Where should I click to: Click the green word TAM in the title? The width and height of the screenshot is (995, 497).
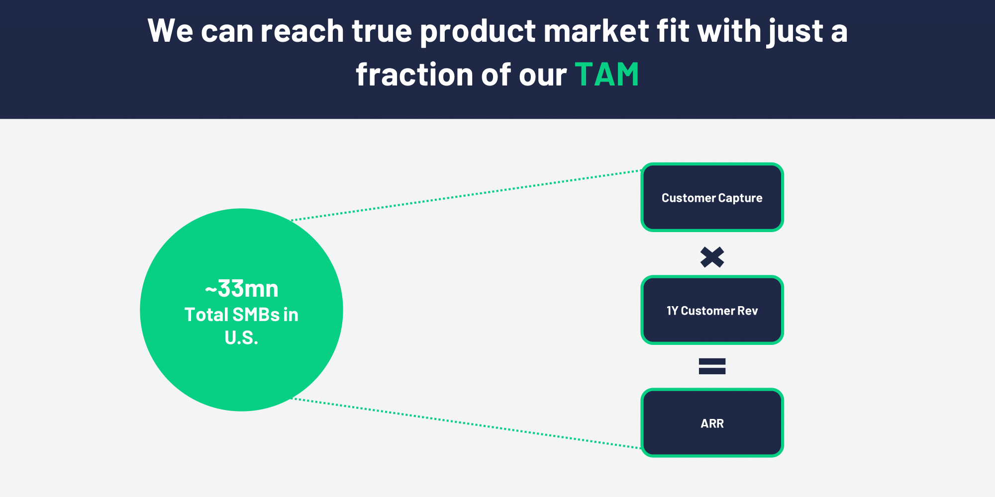click(606, 75)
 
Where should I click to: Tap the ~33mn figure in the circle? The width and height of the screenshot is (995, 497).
click(242, 289)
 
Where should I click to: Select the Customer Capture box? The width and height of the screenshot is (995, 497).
click(712, 197)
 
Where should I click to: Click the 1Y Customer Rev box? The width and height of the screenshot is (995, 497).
click(712, 310)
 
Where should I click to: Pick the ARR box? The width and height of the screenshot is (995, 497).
click(712, 423)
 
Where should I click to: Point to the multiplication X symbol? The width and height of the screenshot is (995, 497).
click(712, 257)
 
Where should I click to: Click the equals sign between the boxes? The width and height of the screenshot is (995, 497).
click(712, 366)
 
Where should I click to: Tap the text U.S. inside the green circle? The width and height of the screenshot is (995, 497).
click(241, 338)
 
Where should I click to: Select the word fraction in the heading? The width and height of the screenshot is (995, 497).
click(414, 75)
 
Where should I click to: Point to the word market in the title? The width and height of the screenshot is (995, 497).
click(596, 31)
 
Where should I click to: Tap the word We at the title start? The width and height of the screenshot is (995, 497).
click(170, 31)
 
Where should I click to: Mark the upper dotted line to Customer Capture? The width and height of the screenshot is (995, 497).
click(466, 195)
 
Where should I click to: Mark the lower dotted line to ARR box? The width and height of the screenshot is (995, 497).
click(466, 423)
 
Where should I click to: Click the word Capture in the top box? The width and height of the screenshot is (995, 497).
click(740, 198)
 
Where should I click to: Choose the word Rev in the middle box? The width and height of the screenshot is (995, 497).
click(747, 311)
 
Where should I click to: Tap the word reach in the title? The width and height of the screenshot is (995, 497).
click(302, 31)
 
